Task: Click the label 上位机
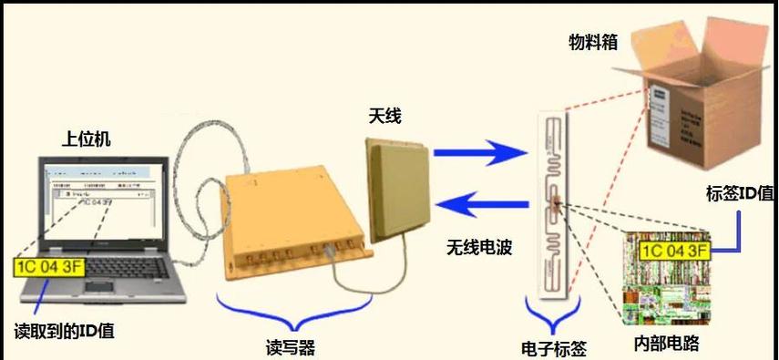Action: pos(86,139)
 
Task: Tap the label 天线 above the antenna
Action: pos(384,116)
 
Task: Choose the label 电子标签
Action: pos(553,347)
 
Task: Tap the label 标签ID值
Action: pos(739,193)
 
